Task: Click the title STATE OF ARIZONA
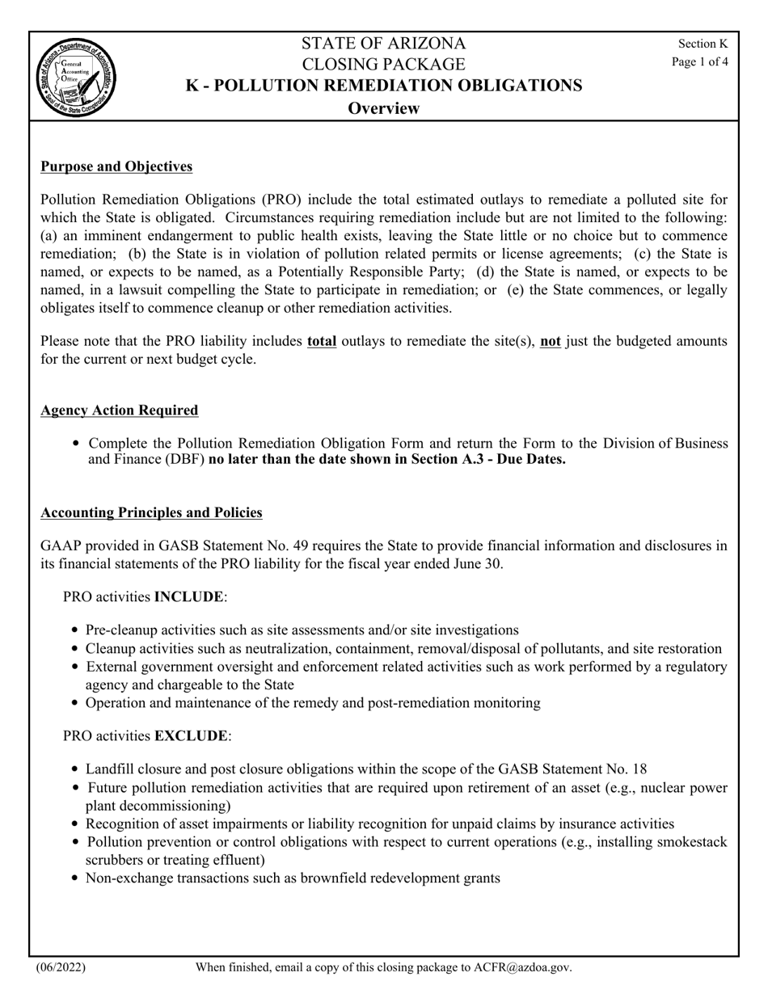click(384, 44)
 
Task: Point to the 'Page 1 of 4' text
click(700, 61)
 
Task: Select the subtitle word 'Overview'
click(383, 108)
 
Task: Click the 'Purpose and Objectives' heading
click(116, 166)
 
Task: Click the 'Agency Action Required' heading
click(119, 411)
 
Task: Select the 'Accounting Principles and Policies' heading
click(151, 513)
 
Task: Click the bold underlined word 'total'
click(322, 341)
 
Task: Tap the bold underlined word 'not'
click(551, 341)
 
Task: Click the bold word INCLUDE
click(188, 597)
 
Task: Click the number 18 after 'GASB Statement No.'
click(638, 769)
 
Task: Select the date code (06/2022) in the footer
click(61, 967)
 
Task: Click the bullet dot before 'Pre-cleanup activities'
click(75, 630)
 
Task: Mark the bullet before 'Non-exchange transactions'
click(75, 878)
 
